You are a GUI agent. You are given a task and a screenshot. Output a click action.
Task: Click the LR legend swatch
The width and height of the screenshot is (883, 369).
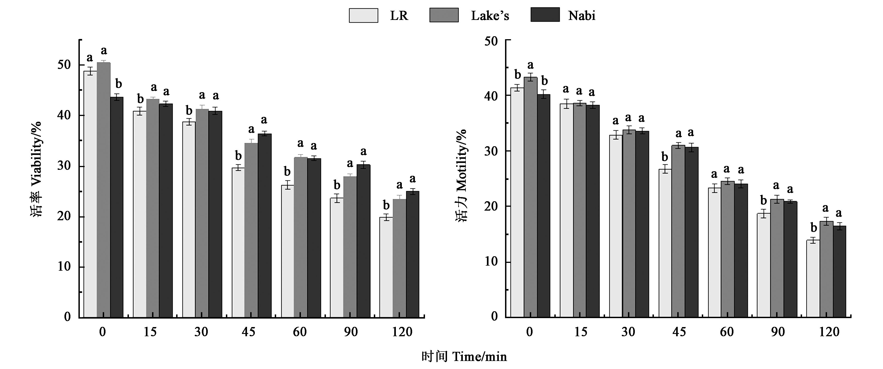point(363,15)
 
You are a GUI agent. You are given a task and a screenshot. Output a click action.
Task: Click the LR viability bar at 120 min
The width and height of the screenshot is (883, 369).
point(386,267)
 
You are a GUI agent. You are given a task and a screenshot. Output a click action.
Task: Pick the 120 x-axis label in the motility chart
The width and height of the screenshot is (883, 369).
point(829,332)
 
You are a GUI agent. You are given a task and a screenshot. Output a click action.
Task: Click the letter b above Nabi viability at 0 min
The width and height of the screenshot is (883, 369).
point(118,84)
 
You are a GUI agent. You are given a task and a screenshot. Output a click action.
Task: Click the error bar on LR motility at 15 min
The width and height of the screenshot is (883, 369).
point(566,104)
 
